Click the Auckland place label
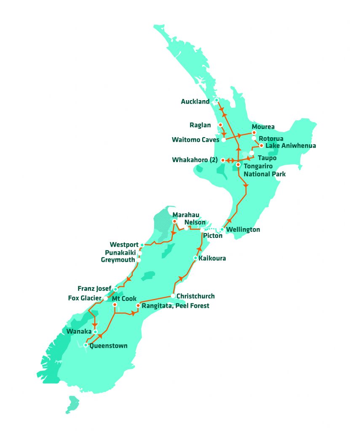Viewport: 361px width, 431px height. (195, 101)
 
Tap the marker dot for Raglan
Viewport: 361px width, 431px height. (220, 125)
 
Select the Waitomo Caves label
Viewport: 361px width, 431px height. (196, 139)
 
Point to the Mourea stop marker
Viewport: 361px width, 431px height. (254, 132)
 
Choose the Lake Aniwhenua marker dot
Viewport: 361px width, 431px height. (262, 146)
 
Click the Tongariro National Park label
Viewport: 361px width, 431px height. (264, 170)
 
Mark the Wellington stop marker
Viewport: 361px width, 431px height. (222, 230)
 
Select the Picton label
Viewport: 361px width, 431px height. (212, 236)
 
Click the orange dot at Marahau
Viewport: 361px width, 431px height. (174, 221)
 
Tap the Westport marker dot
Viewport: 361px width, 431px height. (142, 245)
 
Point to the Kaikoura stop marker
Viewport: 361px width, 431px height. (195, 258)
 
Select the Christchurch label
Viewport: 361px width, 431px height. (195, 296)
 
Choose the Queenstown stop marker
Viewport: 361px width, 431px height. (86, 345)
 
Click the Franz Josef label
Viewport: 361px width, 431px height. (94, 289)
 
